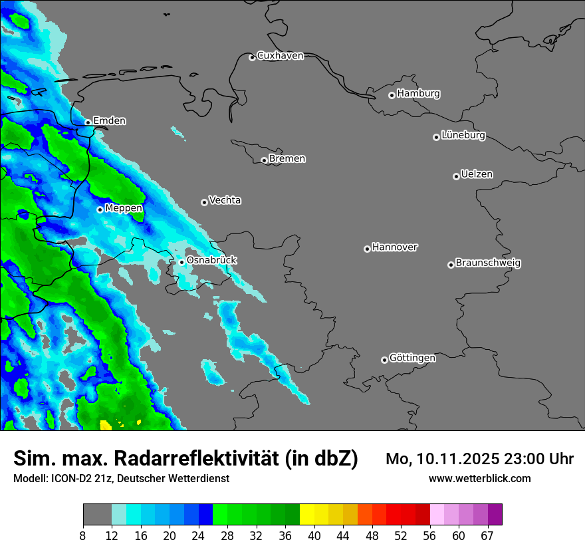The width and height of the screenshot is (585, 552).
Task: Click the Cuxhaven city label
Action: (x=280, y=56)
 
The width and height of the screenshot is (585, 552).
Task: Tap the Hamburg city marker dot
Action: (x=392, y=95)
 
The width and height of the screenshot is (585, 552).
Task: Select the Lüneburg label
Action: (x=463, y=136)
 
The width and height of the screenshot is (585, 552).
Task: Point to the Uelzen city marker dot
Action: (x=456, y=176)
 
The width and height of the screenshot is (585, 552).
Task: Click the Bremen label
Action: (x=287, y=159)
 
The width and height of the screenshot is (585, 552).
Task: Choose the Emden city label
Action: (x=109, y=121)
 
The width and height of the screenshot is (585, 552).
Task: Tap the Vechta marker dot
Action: (x=204, y=202)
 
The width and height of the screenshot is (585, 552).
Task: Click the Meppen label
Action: (x=124, y=209)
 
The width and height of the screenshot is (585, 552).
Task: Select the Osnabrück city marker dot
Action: (x=181, y=262)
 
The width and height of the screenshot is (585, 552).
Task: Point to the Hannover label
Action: (x=395, y=247)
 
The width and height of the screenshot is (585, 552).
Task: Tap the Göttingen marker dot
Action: (x=384, y=360)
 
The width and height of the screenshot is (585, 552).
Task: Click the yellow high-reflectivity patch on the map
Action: (x=106, y=424)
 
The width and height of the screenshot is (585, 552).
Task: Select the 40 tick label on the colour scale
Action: (x=314, y=535)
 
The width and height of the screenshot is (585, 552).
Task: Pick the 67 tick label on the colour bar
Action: (x=487, y=535)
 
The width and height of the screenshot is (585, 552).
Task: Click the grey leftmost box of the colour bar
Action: (x=97, y=515)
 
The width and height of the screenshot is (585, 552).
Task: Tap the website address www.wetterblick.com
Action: (x=479, y=479)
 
